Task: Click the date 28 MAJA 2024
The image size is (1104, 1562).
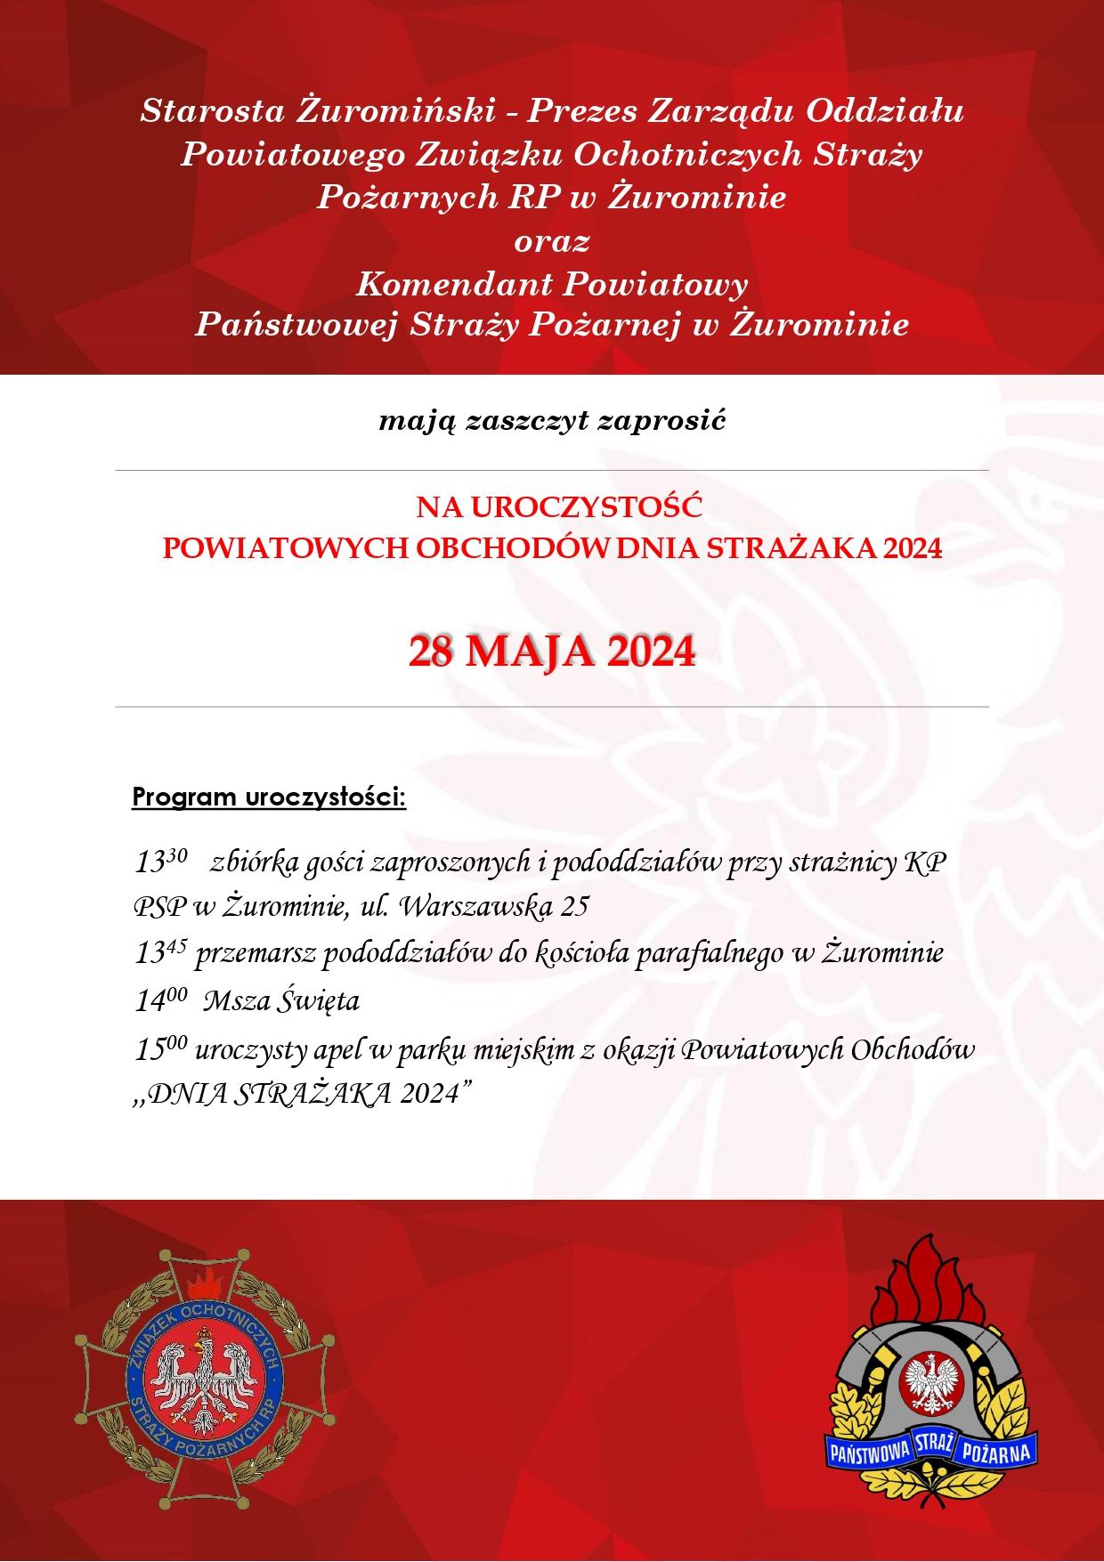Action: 551,652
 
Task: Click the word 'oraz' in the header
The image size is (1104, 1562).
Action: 551,240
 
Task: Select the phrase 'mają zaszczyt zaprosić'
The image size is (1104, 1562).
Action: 552,421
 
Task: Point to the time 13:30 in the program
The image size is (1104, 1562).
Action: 160,862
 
